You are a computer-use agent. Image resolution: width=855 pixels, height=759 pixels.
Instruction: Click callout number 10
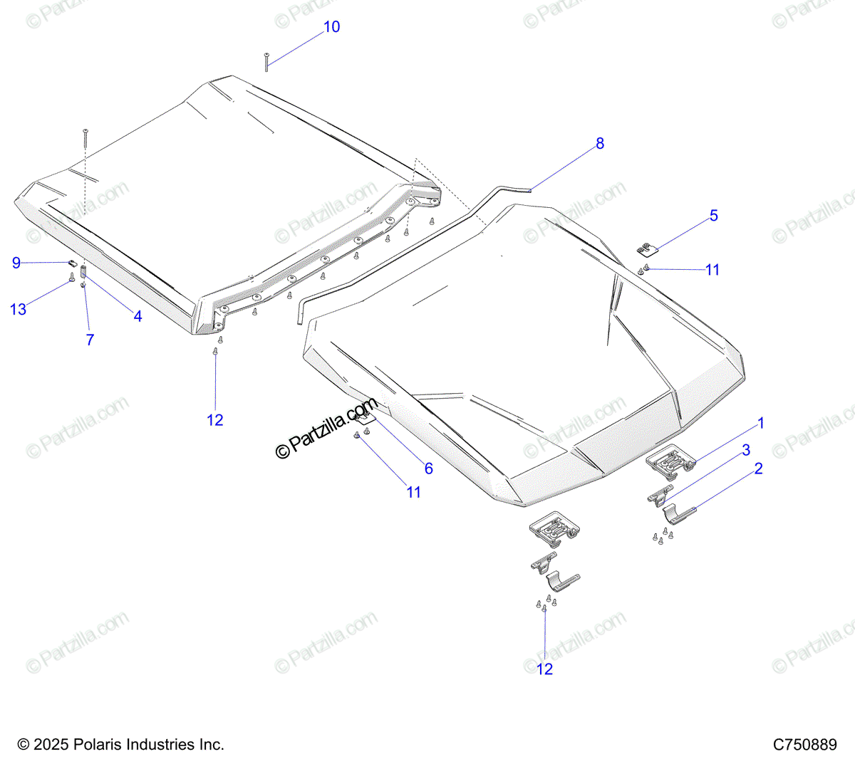tap(331, 27)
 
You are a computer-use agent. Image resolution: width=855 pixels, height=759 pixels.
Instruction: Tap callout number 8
tap(600, 143)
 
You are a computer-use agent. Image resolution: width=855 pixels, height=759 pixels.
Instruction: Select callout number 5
tap(714, 216)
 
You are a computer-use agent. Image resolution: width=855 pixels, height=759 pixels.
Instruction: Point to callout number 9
tap(16, 263)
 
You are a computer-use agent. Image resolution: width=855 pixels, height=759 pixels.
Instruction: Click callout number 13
tap(18, 310)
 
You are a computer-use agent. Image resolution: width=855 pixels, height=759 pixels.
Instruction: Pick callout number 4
tap(138, 316)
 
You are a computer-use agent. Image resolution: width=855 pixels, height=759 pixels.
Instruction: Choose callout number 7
tap(90, 340)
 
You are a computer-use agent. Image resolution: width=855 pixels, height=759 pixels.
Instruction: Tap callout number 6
tap(428, 468)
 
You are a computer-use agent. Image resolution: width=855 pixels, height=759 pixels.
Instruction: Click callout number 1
tap(761, 423)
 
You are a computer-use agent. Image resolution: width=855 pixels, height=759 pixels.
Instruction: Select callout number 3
tap(746, 450)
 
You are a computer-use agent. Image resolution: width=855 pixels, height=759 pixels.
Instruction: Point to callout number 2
tap(758, 469)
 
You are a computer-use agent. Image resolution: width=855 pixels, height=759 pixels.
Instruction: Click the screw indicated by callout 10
tap(266, 62)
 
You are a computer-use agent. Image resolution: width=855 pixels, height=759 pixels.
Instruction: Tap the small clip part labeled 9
tap(73, 263)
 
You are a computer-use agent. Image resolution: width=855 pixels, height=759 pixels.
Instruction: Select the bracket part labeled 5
tap(648, 250)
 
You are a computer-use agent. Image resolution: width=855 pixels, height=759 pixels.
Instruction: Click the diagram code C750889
tap(805, 744)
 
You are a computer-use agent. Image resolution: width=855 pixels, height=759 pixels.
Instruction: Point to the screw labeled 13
tap(72, 277)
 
